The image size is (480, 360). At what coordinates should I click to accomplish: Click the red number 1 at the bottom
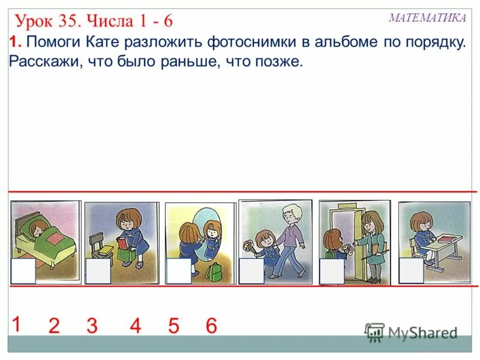16,324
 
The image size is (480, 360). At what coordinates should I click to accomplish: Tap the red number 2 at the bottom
54,326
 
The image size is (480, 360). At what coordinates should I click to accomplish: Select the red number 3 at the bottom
92,326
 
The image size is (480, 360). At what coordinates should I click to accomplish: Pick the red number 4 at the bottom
135,326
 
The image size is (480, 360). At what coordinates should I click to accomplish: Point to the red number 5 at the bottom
173,326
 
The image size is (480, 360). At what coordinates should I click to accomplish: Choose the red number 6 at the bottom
211,326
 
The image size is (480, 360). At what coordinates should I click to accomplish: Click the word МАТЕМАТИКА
427,18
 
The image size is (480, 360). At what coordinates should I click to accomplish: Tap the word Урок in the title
35,22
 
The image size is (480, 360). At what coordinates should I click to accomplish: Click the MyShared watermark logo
411,332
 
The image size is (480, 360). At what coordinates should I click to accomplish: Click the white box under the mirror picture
179,271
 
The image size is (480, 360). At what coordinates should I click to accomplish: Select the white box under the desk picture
412,271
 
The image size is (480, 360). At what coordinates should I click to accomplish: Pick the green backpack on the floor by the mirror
214,271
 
